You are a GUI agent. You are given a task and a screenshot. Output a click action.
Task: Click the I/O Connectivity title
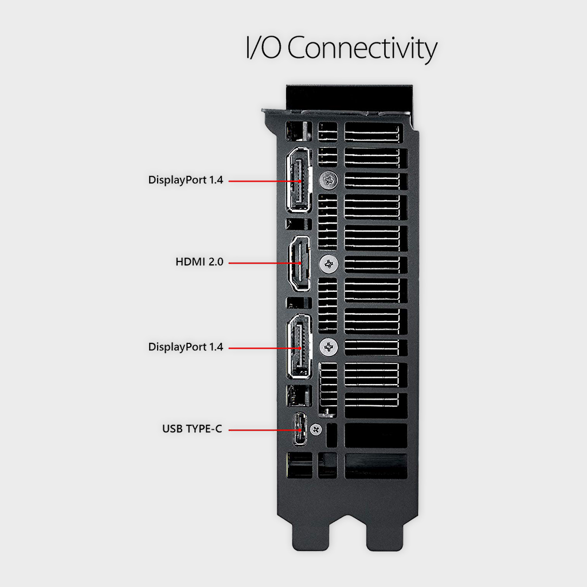click(342, 48)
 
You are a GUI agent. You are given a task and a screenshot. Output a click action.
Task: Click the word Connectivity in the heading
click(362, 48)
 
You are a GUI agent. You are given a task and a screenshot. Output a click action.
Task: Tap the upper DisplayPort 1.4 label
click(186, 180)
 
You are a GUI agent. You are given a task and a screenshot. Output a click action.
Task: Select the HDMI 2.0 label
click(199, 261)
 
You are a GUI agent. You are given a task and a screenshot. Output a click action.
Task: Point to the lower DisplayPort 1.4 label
click(186, 347)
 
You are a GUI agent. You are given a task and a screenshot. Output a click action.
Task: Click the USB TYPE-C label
click(192, 429)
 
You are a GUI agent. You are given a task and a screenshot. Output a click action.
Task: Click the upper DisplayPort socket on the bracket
click(299, 180)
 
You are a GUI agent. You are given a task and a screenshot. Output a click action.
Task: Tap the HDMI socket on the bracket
click(299, 263)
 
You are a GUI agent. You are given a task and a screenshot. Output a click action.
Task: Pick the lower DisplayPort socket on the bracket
click(299, 347)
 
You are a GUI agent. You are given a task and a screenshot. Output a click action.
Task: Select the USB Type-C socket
click(299, 429)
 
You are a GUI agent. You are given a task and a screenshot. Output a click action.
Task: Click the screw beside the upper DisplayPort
click(328, 181)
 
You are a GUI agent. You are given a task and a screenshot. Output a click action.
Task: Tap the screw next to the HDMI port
click(328, 264)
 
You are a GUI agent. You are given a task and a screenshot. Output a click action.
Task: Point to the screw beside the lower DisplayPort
click(328, 347)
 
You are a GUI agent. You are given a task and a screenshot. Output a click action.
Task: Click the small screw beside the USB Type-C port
click(316, 429)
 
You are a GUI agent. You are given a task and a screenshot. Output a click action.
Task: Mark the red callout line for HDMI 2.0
click(265, 263)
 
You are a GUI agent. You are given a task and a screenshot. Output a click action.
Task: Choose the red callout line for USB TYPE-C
click(265, 430)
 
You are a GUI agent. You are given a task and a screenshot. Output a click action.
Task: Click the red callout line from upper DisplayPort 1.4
click(265, 181)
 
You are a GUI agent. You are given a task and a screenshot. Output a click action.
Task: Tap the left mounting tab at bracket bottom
click(311, 534)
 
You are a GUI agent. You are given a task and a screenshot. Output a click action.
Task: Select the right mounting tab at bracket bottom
click(385, 534)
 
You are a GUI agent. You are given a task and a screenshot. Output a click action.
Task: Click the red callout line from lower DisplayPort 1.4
click(265, 348)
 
